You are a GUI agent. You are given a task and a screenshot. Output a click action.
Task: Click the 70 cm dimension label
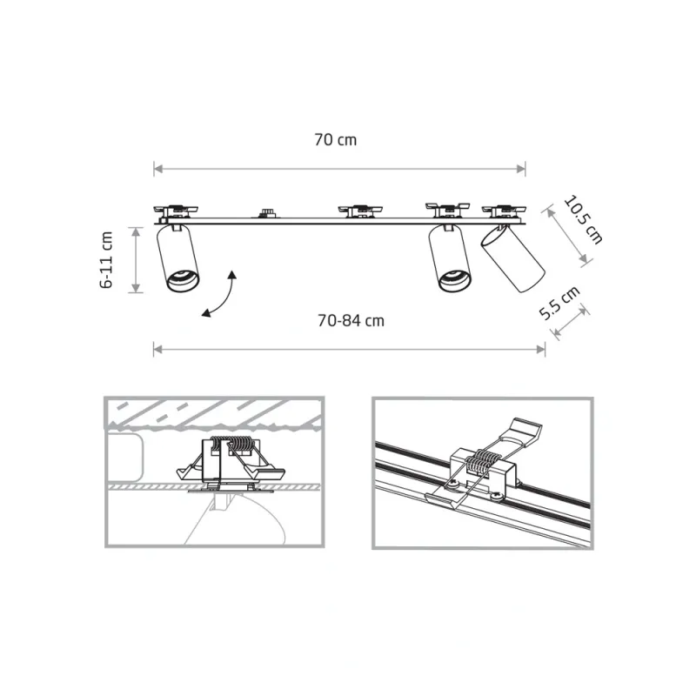click(335, 140)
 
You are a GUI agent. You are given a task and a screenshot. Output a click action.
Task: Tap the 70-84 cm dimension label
click(351, 320)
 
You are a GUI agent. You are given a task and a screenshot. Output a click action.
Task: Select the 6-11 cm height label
click(106, 259)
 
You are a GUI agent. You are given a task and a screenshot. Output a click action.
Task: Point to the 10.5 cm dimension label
click(583, 220)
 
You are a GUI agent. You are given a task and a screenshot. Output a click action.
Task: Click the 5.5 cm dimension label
click(559, 303)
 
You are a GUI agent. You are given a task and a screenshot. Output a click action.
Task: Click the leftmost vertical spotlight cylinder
click(177, 258)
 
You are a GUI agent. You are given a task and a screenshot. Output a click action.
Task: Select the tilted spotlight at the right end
click(512, 258)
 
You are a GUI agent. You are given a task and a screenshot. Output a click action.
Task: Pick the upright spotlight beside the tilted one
click(449, 258)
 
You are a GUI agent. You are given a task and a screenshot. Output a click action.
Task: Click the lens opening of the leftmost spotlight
click(183, 280)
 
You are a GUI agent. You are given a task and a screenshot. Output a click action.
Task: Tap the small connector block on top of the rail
click(266, 213)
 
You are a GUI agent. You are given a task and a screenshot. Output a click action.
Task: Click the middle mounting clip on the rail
click(360, 211)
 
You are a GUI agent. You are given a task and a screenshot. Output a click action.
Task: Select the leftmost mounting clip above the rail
click(176, 211)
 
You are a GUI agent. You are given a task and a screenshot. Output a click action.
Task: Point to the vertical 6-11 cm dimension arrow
click(136, 259)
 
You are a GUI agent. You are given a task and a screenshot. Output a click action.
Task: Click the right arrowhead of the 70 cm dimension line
click(521, 169)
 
